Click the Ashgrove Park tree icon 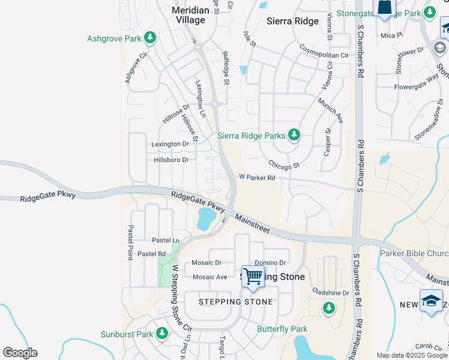pyautogui.click(x=149, y=39)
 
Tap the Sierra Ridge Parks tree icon pyautogui.click(x=294, y=135)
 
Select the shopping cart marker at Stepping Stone pyautogui.click(x=253, y=277)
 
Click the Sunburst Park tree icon pyautogui.click(x=161, y=333)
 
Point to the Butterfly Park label pyautogui.click(x=282, y=329)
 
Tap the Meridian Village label pyautogui.click(x=188, y=15)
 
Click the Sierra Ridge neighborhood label pyautogui.click(x=292, y=20)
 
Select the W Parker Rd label pyautogui.click(x=257, y=178)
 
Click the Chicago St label pyautogui.click(x=283, y=164)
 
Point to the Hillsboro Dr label pyautogui.click(x=171, y=160)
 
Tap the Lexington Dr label pyautogui.click(x=170, y=144)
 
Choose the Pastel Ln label pyautogui.click(x=166, y=240)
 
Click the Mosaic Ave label pyautogui.click(x=209, y=277)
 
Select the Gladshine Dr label pyautogui.click(x=331, y=293)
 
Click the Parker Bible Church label pyautogui.click(x=414, y=253)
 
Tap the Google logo pyautogui.click(x=20, y=353)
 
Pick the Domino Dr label pyautogui.click(x=270, y=263)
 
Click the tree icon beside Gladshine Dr pyautogui.click(x=328, y=308)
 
